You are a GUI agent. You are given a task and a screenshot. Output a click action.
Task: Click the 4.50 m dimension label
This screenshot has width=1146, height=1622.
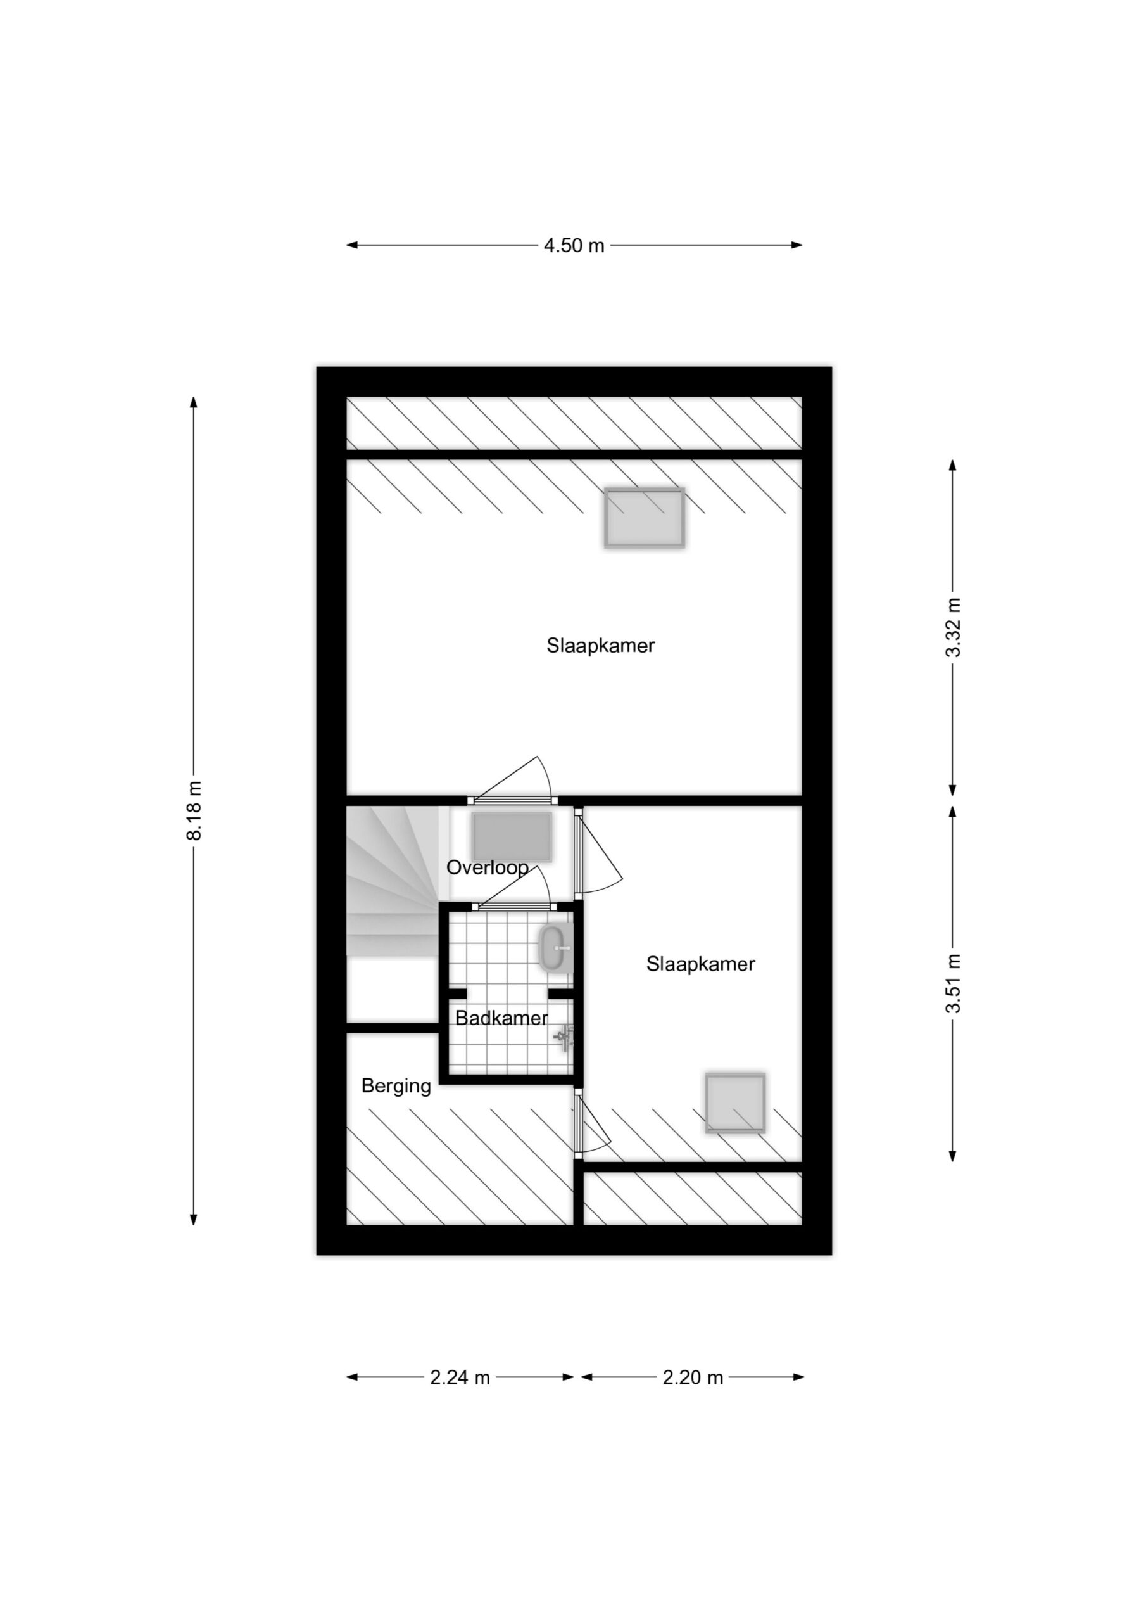click(574, 245)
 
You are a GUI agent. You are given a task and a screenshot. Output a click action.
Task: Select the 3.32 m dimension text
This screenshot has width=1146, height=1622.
click(954, 627)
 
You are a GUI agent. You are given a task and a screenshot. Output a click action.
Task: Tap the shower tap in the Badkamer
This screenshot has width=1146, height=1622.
click(564, 1038)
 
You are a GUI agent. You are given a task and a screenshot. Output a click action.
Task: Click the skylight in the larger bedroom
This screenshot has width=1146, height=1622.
click(645, 518)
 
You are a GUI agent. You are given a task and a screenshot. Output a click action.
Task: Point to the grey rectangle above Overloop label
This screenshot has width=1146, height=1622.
click(512, 837)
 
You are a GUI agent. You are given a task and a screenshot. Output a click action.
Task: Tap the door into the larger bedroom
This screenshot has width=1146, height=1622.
click(513, 780)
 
